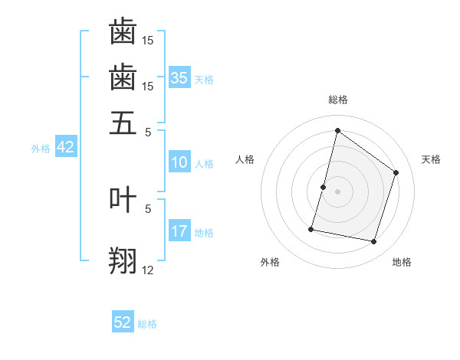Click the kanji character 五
click(123, 123)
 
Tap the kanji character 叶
click(123, 199)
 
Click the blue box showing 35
click(179, 77)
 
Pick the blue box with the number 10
click(179, 162)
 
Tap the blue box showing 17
click(179, 231)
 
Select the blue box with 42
click(65, 147)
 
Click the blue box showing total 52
click(123, 322)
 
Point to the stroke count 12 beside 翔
click(148, 270)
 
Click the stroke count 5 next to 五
click(148, 132)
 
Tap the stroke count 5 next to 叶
click(148, 208)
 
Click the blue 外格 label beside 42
click(41, 149)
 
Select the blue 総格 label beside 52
click(147, 324)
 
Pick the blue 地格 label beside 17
click(204, 233)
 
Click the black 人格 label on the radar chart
click(245, 159)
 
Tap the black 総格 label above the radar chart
click(337, 100)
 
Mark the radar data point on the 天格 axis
click(396, 172)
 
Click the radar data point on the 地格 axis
click(373, 242)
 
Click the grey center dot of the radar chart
click(337, 191)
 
